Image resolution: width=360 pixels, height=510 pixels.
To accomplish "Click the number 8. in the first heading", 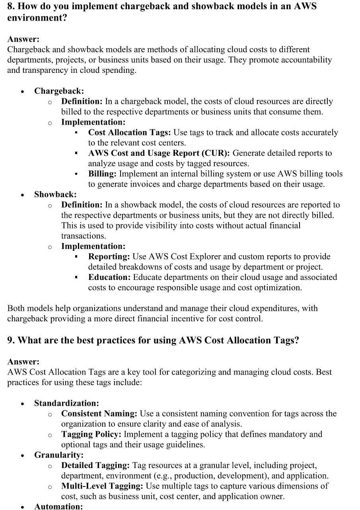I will pos(11,7).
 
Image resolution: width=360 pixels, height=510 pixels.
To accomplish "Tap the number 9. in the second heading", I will pos(11,340).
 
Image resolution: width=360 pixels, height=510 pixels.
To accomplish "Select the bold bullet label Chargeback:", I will pos(59,91).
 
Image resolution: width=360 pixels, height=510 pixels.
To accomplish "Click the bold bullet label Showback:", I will pos(55,195).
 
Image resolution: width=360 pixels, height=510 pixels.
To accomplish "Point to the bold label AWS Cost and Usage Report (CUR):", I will pos(159,153).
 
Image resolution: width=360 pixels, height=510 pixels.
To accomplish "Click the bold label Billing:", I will pos(102,174).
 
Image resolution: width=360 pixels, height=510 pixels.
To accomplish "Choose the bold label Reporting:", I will pos(109,257).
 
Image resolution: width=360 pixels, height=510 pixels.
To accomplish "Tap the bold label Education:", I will pos(109,277).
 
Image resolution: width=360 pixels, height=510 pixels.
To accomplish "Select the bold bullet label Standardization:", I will pos(66,403).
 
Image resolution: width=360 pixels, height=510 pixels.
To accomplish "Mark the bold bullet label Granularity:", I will pos(59,455).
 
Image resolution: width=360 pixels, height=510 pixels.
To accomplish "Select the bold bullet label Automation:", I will pos(58,506).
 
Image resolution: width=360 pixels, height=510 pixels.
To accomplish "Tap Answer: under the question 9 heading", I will pos(23,362).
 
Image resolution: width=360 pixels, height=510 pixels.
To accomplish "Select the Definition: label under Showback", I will pos(82,205).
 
